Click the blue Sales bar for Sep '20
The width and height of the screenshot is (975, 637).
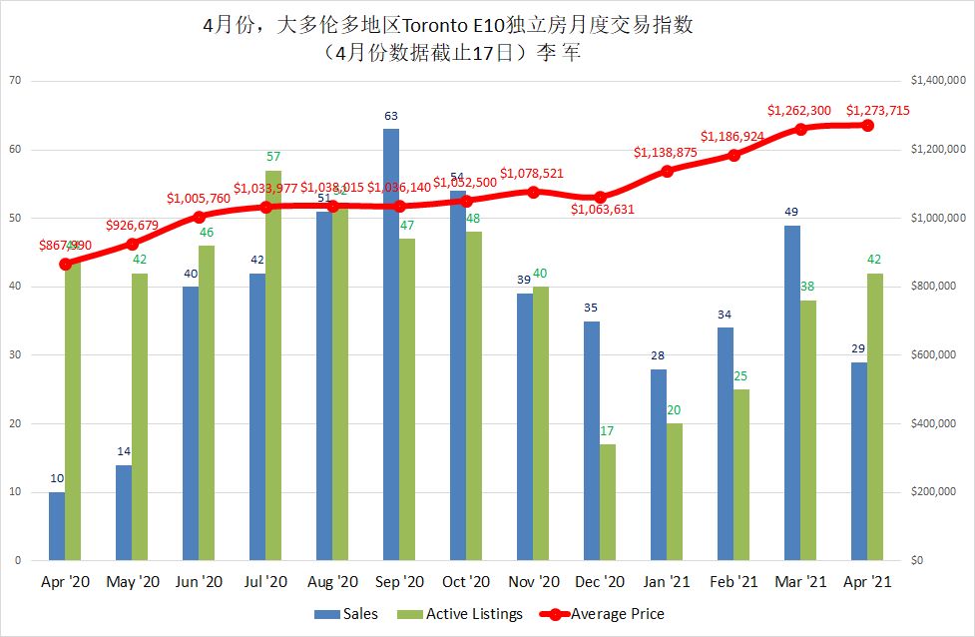coord(391,344)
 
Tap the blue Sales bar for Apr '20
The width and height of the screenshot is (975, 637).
coord(57,526)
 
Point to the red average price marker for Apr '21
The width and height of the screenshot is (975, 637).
coord(867,125)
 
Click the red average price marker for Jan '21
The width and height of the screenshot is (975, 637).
coord(667,171)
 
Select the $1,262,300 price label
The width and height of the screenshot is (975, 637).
coord(799,110)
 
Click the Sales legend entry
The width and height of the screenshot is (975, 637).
coord(347,614)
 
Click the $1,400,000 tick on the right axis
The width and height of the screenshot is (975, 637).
coord(934,81)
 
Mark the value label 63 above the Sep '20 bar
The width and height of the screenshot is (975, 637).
coord(391,117)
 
